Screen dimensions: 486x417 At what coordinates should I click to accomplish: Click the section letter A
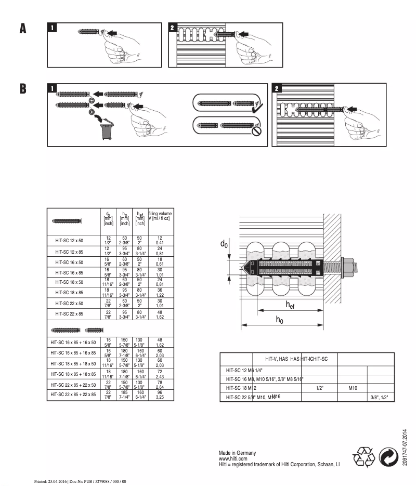click(x=22, y=29)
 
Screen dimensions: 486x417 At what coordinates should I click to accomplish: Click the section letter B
click(x=22, y=88)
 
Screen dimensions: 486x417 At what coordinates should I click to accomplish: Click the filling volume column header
click(x=160, y=216)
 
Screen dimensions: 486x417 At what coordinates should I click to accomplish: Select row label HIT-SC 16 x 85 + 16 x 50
click(x=73, y=343)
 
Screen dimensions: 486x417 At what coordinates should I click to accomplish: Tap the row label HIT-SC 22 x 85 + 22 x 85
click(x=73, y=394)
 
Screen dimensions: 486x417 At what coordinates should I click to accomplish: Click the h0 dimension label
click(x=280, y=320)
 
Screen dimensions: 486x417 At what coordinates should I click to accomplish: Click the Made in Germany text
click(x=237, y=453)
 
